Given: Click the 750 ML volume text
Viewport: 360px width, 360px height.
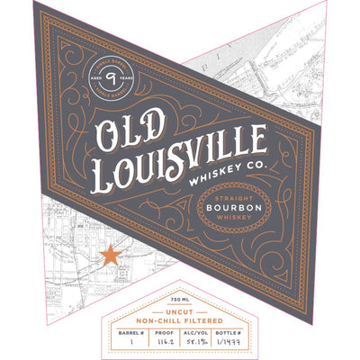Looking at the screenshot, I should tap(180, 297).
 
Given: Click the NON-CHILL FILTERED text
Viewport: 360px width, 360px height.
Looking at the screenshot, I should tap(180, 318).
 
